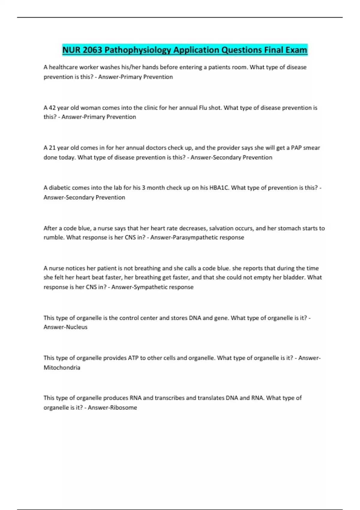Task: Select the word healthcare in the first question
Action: coord(63,67)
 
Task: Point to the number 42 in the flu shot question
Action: coord(52,108)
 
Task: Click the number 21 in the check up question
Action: coord(52,148)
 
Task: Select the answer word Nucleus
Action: coord(77,327)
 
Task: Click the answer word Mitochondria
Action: coord(62,367)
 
